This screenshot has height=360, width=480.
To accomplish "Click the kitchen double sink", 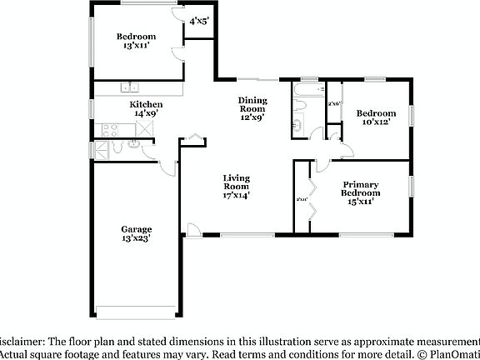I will click(x=129, y=86).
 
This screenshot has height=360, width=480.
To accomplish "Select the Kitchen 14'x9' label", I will click(x=140, y=109).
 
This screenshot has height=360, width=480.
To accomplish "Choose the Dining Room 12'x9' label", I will click(x=252, y=109).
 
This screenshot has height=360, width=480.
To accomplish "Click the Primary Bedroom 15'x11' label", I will click(x=360, y=192).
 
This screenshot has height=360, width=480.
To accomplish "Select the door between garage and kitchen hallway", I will click(x=167, y=167).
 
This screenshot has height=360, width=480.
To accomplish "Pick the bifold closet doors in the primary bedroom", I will click(x=312, y=200).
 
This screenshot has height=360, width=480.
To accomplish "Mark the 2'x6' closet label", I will click(x=334, y=103).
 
